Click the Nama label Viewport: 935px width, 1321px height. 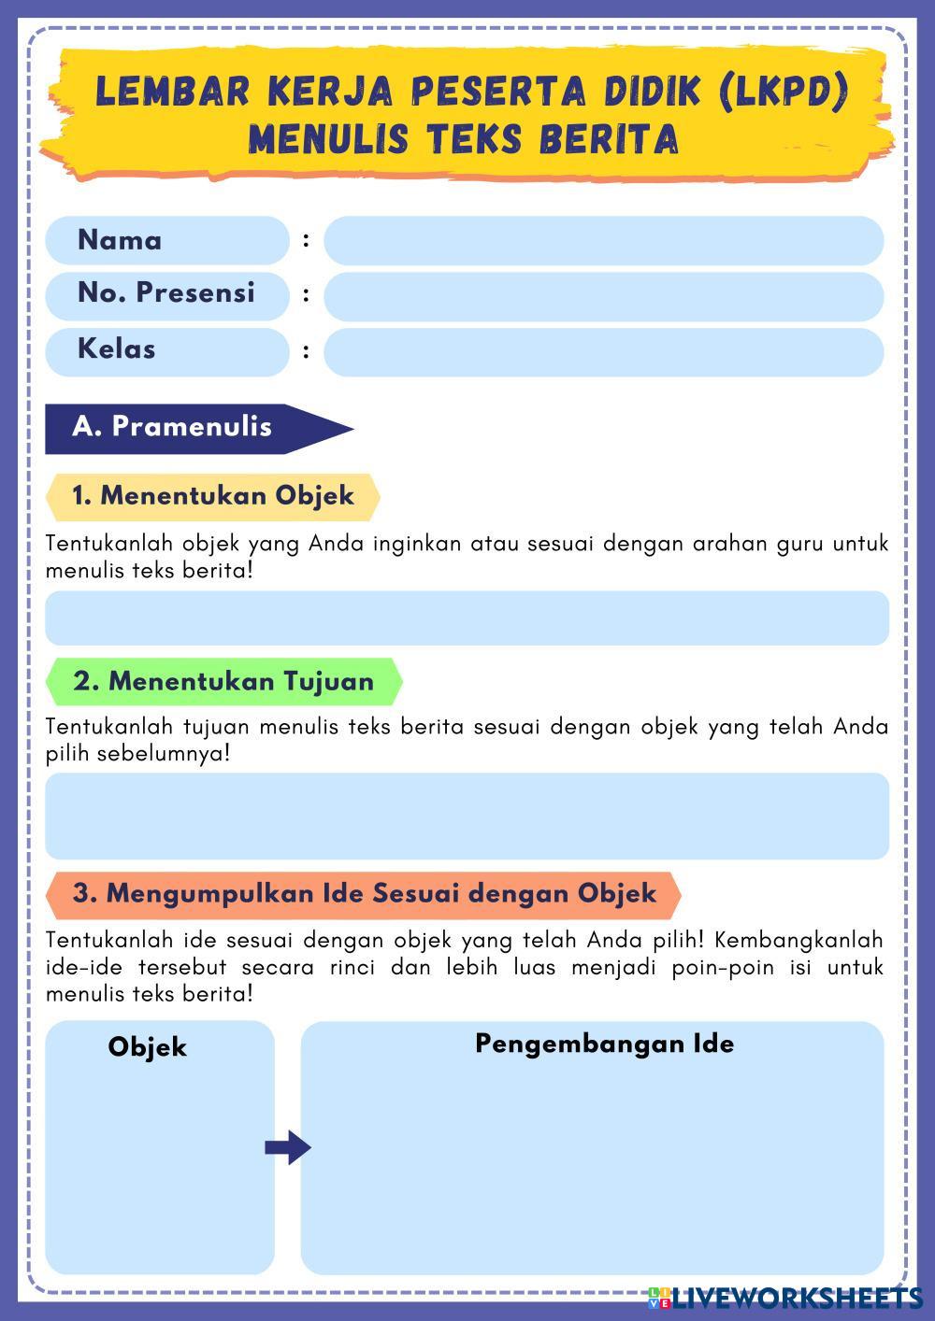pos(120,240)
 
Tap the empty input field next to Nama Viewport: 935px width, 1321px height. pos(603,241)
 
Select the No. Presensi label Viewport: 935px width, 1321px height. pos(165,293)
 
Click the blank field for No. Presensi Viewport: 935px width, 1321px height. pos(603,297)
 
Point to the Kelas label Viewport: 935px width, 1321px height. pos(117,349)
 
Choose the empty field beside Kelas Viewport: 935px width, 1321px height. pos(603,352)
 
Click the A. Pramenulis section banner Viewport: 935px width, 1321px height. pos(173,428)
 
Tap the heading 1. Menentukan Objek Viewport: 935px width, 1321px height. pos(213,496)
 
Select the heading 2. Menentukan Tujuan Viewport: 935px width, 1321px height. pos(223,682)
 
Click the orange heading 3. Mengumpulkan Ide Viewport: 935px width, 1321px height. pos(365,894)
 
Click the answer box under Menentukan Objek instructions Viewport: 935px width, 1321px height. pos(467,618)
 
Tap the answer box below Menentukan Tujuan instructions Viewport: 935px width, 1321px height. pos(467,816)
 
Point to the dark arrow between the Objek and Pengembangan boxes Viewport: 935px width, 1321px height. pos(288,1147)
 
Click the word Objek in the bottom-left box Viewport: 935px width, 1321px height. pos(148,1047)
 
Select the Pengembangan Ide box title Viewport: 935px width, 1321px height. pos(604,1044)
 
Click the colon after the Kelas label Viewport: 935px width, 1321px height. pos(307,352)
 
